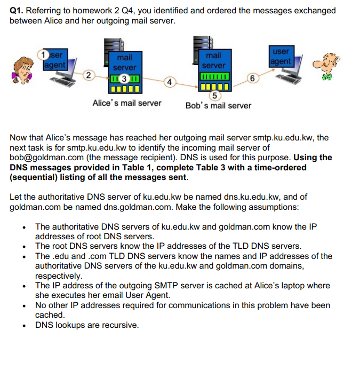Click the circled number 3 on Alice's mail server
tap(124, 79)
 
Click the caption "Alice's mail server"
tap(127, 103)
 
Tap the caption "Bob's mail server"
tap(218, 105)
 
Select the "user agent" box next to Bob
tap(281, 57)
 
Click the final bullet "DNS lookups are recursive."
tap(87, 324)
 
